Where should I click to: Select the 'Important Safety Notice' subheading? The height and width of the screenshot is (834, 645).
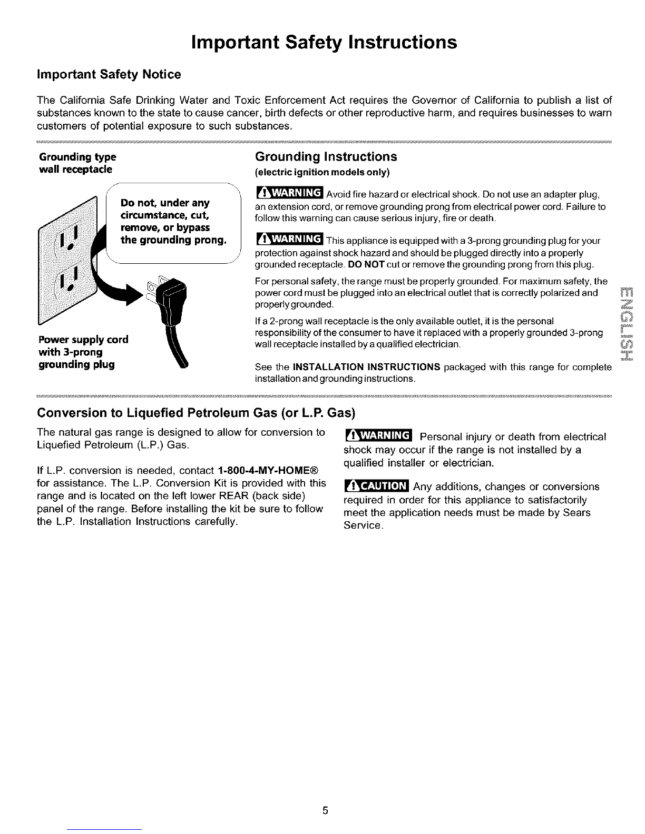tap(109, 75)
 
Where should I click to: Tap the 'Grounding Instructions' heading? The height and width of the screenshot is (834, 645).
tap(325, 157)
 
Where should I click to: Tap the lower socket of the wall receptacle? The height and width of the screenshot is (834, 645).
tap(70, 283)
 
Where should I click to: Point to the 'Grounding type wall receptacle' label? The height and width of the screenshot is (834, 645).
tap(77, 163)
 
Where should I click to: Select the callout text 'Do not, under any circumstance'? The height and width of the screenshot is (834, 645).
tap(173, 222)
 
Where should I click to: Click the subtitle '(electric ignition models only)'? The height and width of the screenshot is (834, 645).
tap(321, 172)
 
